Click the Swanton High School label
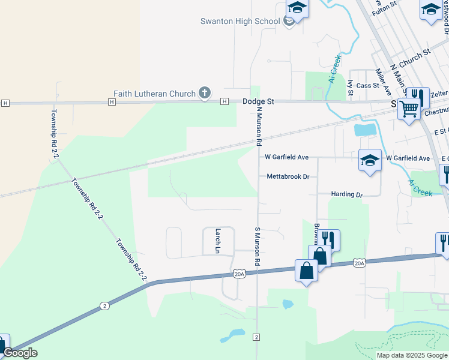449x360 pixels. click(240, 22)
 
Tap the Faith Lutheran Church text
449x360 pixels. click(155, 94)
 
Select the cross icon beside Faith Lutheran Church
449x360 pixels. click(205, 93)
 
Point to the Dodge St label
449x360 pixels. click(258, 102)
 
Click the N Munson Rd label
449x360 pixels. click(259, 127)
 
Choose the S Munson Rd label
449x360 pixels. click(256, 247)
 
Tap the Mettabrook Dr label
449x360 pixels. click(288, 177)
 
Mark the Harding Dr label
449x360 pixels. click(347, 195)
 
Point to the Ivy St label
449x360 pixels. click(350, 88)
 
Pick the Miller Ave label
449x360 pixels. click(382, 81)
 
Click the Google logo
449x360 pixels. click(20, 353)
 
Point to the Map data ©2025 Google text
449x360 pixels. click(412, 355)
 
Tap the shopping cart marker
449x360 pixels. click(409, 109)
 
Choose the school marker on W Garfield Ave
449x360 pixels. click(370, 160)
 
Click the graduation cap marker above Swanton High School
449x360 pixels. click(297, 8)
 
